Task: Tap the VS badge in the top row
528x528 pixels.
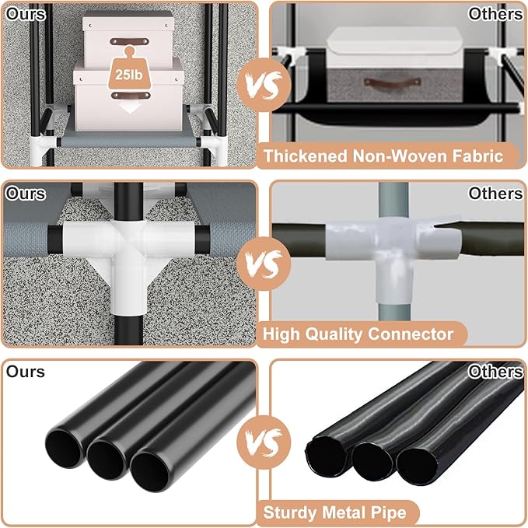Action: coord(264,85)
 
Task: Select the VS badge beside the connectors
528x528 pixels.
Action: coord(264,264)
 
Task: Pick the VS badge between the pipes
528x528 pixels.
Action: coord(264,442)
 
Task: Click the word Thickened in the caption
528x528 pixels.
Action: coord(306,156)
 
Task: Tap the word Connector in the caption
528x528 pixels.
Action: coord(411,334)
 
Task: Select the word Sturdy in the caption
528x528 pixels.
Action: coord(290,512)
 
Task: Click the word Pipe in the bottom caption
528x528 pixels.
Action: coord(389,512)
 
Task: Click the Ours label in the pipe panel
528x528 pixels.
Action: coord(25,372)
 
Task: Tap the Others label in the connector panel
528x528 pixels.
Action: coord(495,194)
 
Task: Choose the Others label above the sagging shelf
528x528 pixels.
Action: coord(495,14)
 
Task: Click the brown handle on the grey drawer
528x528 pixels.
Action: coord(393,82)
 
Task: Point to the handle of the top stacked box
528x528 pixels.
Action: coord(129,41)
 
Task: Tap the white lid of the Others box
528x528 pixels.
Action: coord(394,47)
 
